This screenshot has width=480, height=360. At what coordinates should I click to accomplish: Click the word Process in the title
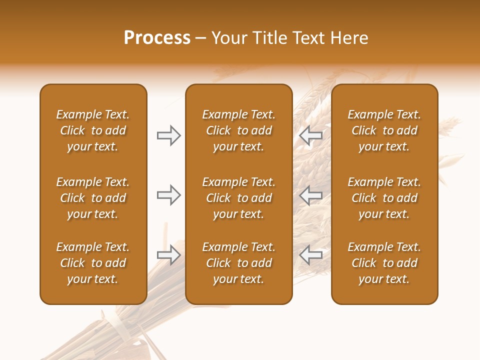click(157, 38)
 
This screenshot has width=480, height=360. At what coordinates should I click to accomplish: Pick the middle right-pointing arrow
click(168, 195)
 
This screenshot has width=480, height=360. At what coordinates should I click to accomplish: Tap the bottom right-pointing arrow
click(168, 254)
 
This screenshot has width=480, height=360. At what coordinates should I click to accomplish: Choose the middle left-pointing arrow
click(311, 195)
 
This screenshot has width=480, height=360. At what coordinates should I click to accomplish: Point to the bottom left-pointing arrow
click(311, 254)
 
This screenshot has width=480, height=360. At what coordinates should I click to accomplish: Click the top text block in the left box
click(93, 130)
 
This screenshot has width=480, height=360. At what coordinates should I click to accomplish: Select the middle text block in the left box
click(93, 198)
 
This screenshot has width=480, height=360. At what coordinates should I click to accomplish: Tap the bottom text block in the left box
click(93, 263)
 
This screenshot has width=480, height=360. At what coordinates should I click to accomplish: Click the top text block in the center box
click(238, 130)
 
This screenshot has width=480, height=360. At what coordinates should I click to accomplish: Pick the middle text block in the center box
click(238, 198)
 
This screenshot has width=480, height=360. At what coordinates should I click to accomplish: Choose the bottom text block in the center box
click(238, 263)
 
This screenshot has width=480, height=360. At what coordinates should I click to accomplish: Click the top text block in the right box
click(384, 130)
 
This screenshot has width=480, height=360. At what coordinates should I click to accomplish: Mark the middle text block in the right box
click(384, 198)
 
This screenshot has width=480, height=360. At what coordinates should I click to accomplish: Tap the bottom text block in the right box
click(384, 263)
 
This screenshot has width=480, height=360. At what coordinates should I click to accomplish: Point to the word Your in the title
click(229, 38)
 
